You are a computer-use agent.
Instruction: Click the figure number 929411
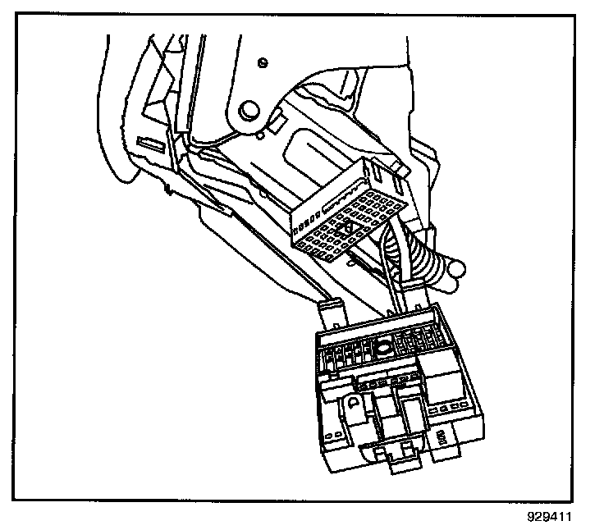point(547,518)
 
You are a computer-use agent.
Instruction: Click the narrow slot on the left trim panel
point(151,143)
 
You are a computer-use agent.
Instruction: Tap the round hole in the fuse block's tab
point(350,404)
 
